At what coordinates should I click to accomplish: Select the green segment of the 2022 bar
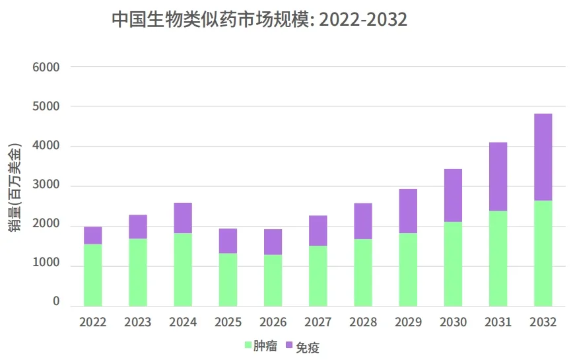coord(93,275)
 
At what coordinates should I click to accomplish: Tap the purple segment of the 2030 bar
coord(453,196)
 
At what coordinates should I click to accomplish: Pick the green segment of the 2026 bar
coord(273,280)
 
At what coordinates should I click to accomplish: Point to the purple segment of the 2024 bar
coord(183,218)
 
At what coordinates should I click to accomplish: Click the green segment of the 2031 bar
coord(498,258)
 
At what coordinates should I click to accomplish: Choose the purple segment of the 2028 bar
coord(363,221)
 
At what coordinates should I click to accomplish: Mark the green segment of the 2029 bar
coord(408,270)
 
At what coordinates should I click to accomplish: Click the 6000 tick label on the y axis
coord(46,67)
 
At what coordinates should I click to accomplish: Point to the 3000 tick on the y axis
coord(46,186)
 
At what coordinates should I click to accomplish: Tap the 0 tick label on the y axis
coord(56,302)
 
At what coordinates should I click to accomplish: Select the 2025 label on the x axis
coord(228,322)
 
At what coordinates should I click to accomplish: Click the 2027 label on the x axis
coord(318,322)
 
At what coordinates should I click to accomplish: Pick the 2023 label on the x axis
coord(138,322)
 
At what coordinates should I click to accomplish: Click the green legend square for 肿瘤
coord(248,345)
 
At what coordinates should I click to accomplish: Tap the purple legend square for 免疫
coord(289,345)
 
